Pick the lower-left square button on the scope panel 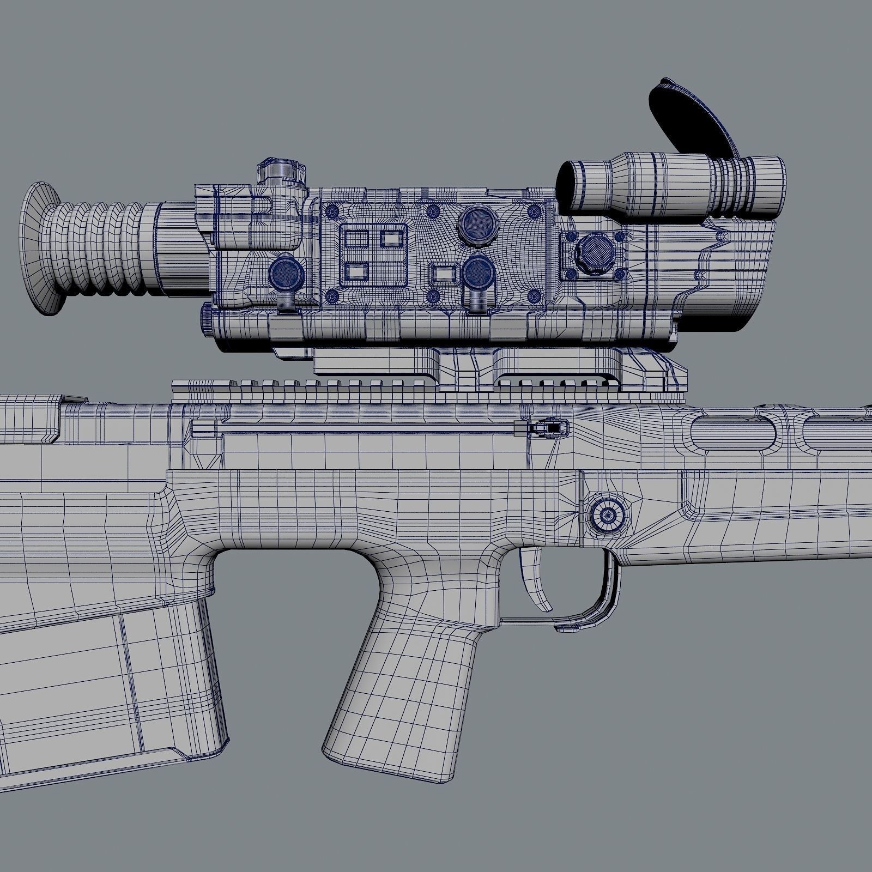point(357,270)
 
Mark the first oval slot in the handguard point(733,433)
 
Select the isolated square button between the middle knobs point(442,272)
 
